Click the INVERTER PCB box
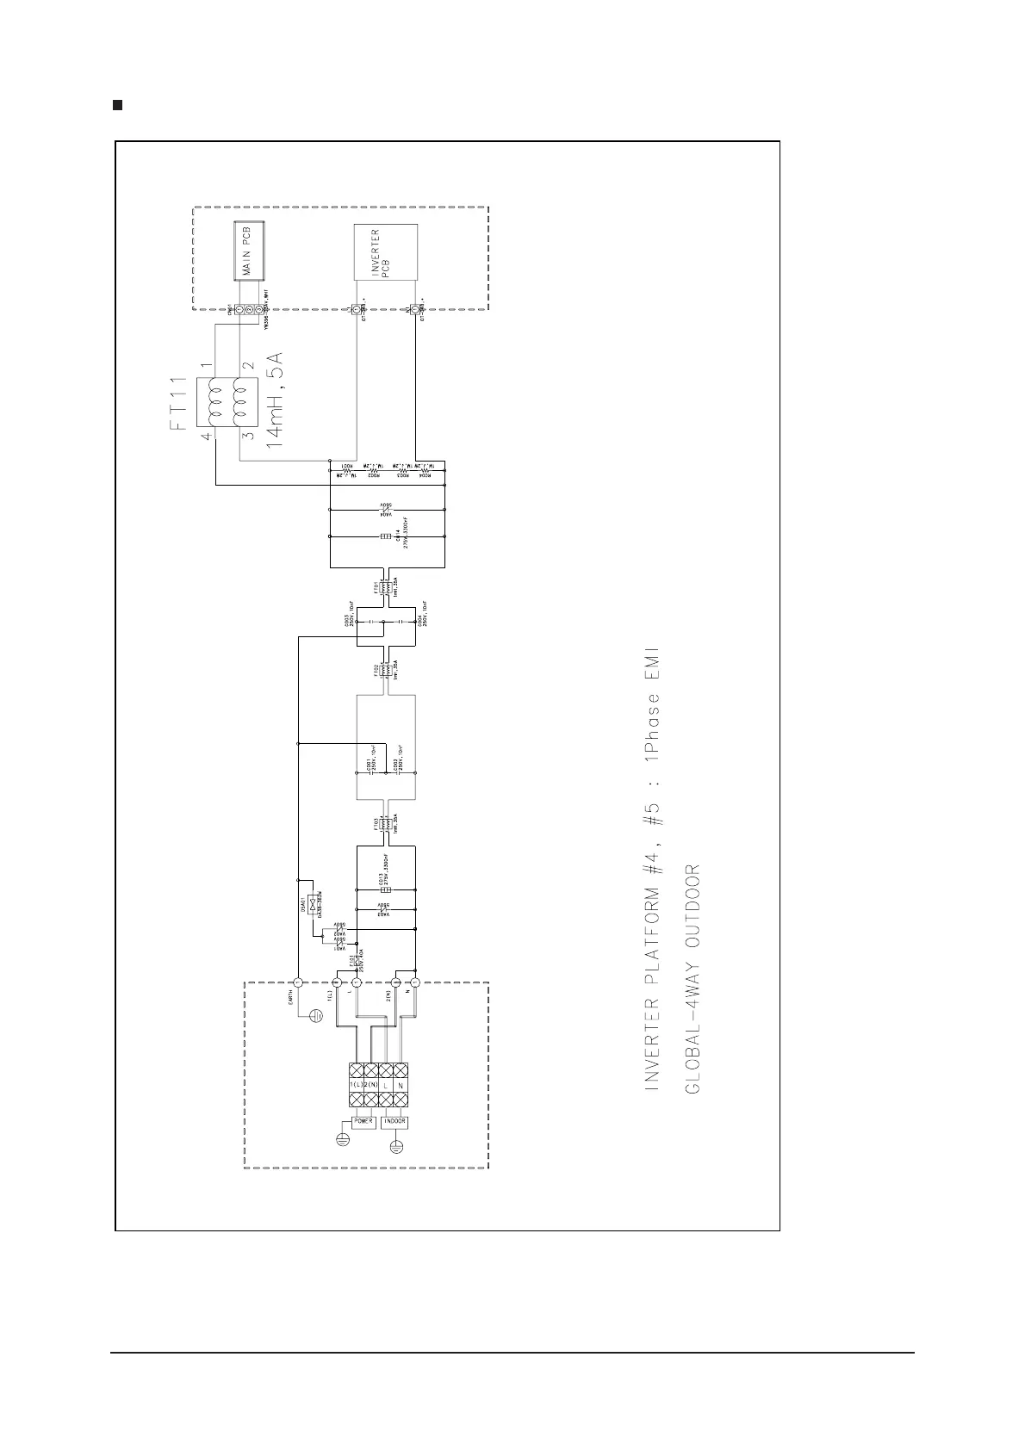tap(385, 251)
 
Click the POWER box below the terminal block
tap(363, 1122)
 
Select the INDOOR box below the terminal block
tap(394, 1122)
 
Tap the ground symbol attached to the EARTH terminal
tap(315, 1016)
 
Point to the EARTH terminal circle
tap(296, 982)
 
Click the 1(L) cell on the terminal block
tap(356, 1087)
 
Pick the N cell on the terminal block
tap(400, 1087)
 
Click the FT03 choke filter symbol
tap(386, 824)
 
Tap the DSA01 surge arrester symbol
tap(310, 902)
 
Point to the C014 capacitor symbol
tap(387, 536)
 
